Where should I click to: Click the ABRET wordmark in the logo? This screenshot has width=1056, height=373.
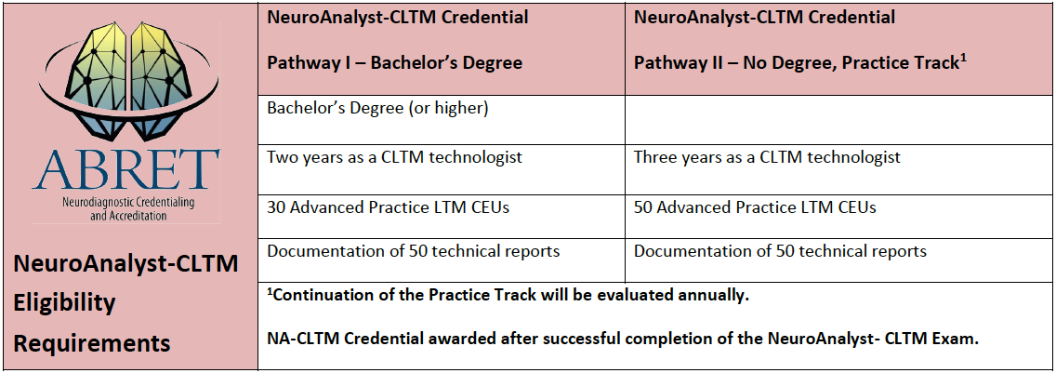tap(125, 168)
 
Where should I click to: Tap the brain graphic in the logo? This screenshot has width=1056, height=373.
tap(125, 81)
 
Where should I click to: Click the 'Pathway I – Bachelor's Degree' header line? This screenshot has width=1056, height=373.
tap(395, 62)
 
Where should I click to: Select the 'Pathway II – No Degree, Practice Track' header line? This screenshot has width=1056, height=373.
tap(800, 62)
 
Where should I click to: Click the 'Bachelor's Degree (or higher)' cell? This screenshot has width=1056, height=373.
tap(377, 109)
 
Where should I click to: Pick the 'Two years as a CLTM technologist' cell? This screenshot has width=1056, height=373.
tap(395, 158)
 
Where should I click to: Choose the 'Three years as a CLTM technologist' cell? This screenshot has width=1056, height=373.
tap(767, 158)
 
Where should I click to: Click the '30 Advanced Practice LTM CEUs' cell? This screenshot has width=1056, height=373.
tap(388, 207)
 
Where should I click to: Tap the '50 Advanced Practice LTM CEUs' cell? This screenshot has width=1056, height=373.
tap(755, 207)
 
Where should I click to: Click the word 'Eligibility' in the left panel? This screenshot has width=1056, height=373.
tap(65, 303)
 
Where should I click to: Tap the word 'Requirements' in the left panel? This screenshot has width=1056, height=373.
tap(92, 343)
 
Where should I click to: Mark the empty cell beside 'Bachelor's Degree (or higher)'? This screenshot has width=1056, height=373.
tap(839, 120)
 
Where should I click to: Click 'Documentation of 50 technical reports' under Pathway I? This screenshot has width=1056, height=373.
tap(414, 251)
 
